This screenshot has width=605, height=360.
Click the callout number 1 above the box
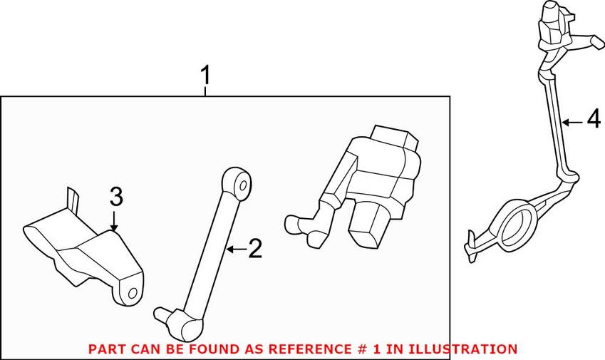[x=206, y=76]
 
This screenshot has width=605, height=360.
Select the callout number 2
[x=255, y=249]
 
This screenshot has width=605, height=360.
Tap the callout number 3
[x=116, y=197]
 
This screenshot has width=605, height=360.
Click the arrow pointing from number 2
[x=236, y=250]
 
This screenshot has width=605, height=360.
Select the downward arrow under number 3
[x=114, y=221]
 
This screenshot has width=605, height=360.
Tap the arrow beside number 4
[x=573, y=123]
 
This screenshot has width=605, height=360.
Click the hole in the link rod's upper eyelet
[x=243, y=186]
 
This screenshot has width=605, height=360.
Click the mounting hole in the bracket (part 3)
[x=132, y=293]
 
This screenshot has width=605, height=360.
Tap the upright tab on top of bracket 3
[x=73, y=198]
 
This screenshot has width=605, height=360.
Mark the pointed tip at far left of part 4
[x=471, y=233]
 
